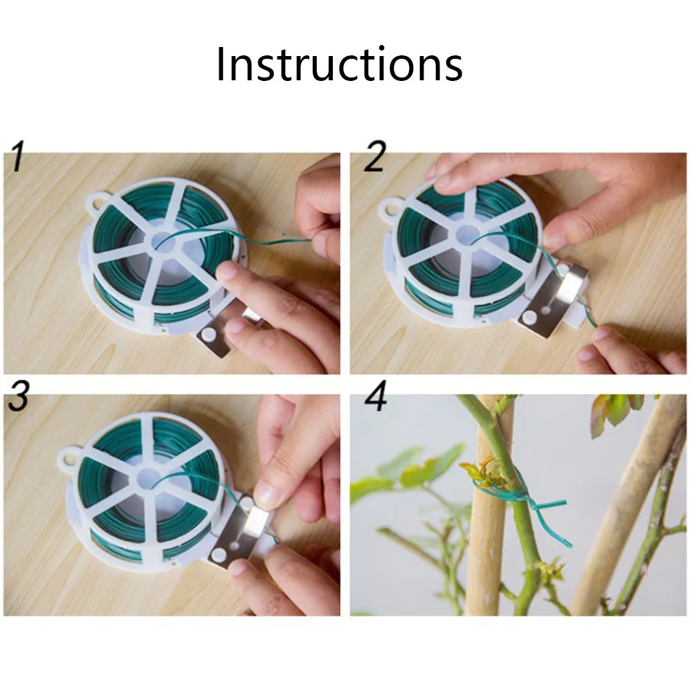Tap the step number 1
click(x=17, y=156)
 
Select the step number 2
click(x=375, y=156)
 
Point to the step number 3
click(x=19, y=396)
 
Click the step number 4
click(x=376, y=396)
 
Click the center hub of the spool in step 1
click(x=164, y=242)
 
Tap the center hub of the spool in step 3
click(x=147, y=480)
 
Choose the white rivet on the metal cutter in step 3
click(x=219, y=556)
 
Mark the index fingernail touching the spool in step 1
click(x=226, y=270)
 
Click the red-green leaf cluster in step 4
click(x=617, y=412)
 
